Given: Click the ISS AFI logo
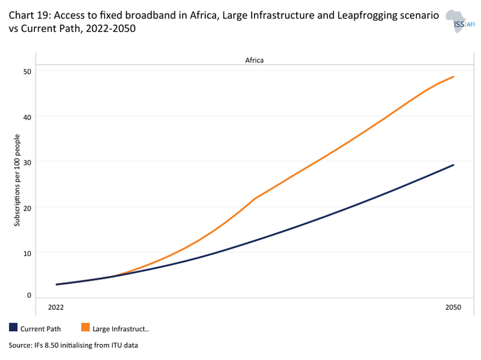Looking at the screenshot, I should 458,21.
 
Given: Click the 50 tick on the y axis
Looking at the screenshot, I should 28,70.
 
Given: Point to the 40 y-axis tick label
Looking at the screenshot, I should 28,116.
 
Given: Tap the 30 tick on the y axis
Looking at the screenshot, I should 28,161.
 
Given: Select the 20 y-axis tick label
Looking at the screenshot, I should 28,206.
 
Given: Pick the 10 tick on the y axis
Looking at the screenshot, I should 28,252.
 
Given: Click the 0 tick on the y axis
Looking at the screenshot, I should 29,295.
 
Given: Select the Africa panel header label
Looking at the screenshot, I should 254,60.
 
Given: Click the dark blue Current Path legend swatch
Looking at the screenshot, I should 13,328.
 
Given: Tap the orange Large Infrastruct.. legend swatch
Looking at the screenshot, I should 85,328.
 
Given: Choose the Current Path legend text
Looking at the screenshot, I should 40,329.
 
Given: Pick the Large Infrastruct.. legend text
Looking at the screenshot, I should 121,329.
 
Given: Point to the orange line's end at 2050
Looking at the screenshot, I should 453,77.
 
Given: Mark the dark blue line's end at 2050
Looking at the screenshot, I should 453,165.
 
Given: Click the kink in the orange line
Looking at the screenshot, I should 255,198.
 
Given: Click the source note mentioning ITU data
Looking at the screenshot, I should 73,345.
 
